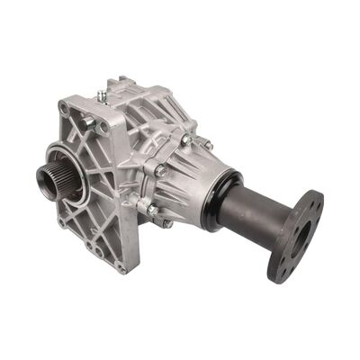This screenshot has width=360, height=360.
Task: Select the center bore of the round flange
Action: tap(301, 236)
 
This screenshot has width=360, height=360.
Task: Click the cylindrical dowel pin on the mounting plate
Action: tap(89, 121)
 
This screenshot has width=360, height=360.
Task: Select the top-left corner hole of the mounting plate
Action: tap(64, 108)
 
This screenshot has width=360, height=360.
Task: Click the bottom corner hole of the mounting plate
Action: tap(121, 266)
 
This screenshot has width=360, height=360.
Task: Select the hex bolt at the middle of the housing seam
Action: tap(160, 171)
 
